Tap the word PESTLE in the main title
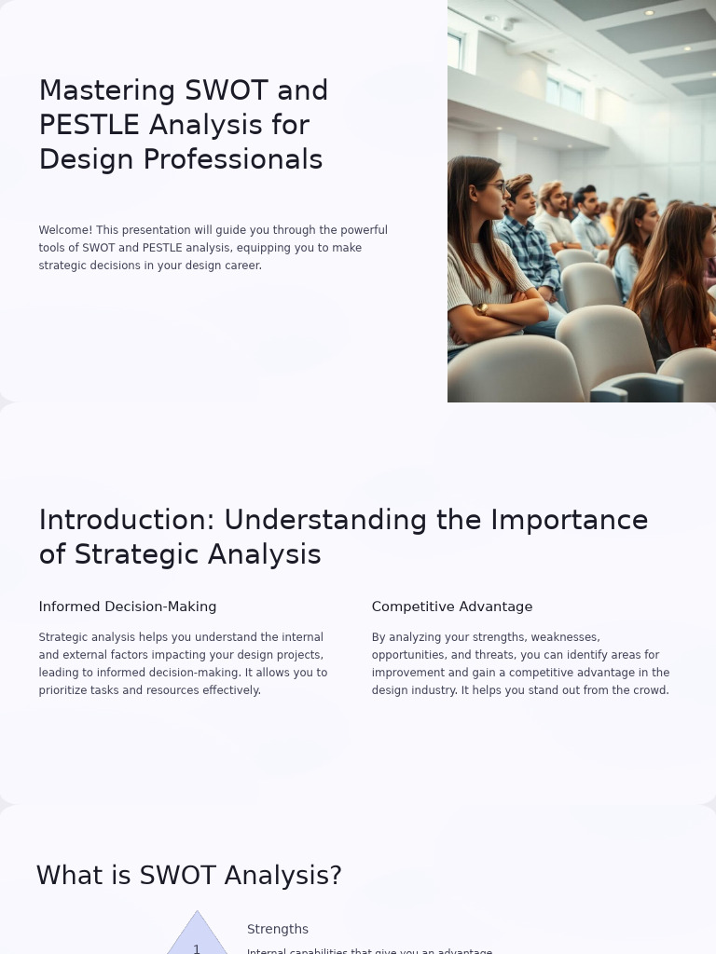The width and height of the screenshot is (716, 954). (x=89, y=125)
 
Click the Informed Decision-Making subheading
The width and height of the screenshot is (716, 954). (x=128, y=606)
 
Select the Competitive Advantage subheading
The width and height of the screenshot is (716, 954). (x=452, y=606)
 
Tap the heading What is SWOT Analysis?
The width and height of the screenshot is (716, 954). (x=189, y=876)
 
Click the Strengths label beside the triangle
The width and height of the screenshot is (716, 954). (x=278, y=929)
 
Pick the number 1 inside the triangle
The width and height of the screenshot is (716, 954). (x=197, y=948)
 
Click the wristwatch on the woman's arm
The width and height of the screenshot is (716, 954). (x=482, y=308)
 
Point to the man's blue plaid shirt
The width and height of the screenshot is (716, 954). (x=529, y=252)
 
